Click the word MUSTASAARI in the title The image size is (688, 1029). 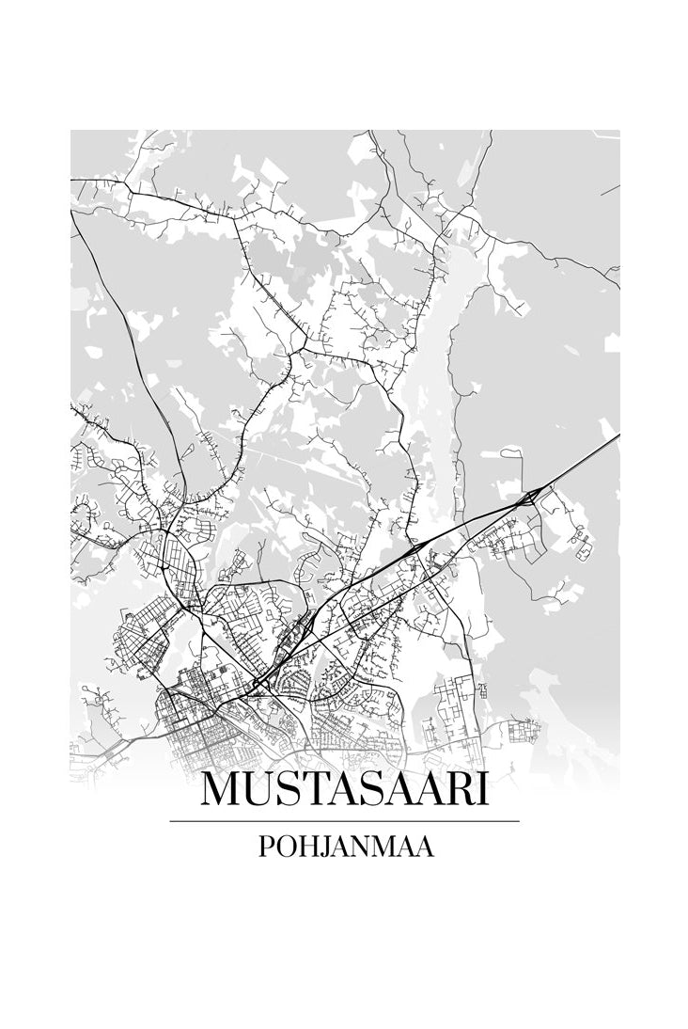pyautogui.click(x=344, y=788)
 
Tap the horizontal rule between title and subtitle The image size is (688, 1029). pyautogui.click(x=344, y=821)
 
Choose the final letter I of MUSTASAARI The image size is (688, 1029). pyautogui.click(x=483, y=788)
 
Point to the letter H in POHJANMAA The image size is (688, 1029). pyautogui.click(x=305, y=847)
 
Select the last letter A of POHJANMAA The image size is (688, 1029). pyautogui.click(x=425, y=847)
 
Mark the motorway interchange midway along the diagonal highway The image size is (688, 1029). pyautogui.click(x=414, y=547)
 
